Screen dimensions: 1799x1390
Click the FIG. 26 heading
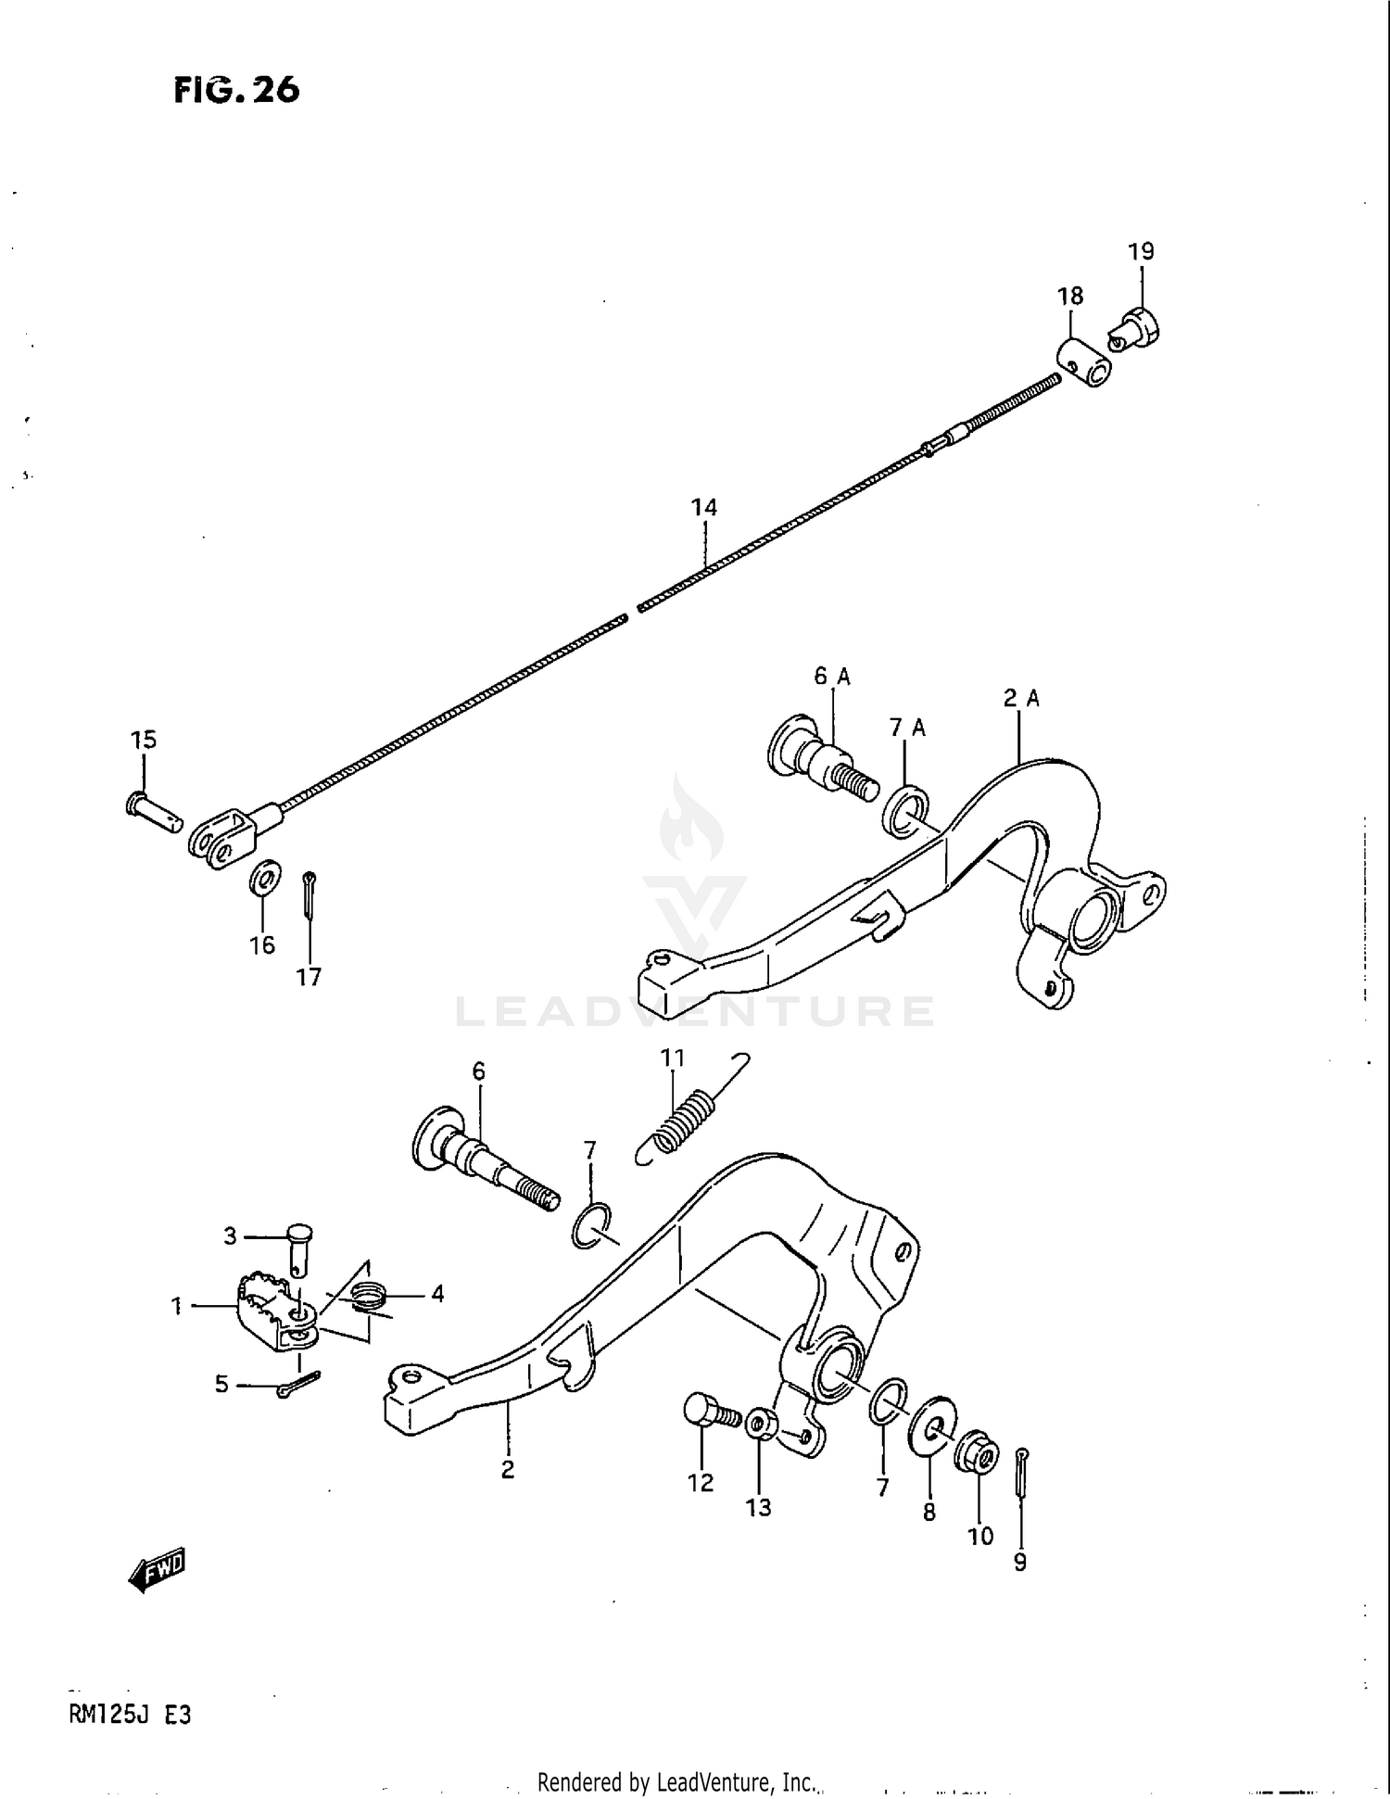[236, 90]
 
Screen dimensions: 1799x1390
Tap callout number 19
[1141, 251]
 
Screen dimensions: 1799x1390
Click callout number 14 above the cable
[703, 507]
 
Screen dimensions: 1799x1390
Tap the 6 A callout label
[831, 677]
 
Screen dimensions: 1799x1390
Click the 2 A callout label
[1020, 699]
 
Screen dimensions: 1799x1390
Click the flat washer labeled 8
[931, 1433]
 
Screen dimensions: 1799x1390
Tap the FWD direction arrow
[158, 1568]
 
